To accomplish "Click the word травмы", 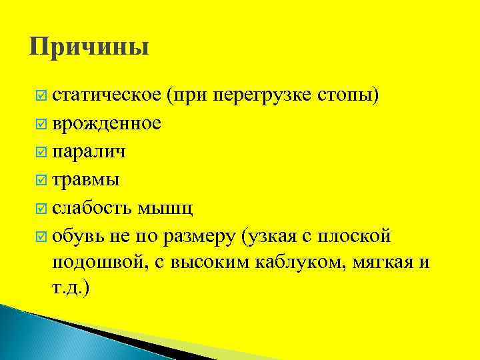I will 86,180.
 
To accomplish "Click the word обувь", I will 77,236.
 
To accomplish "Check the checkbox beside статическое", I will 41,97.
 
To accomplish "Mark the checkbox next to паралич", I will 41,153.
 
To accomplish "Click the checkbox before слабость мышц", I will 41,209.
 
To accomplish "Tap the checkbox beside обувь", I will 41,237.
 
